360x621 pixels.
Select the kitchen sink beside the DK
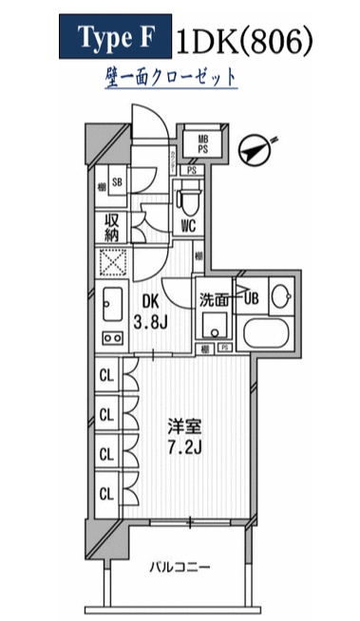(109, 304)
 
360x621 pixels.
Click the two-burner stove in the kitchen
(109, 340)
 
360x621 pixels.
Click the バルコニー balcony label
(179, 568)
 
